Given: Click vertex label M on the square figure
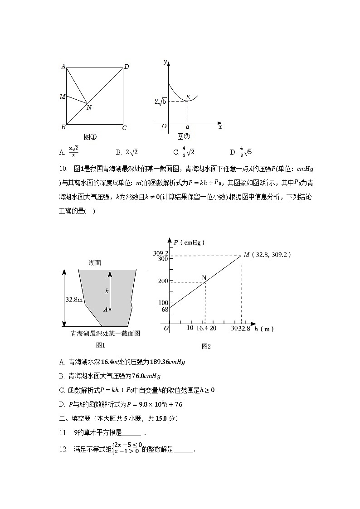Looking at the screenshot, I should (x=63, y=97).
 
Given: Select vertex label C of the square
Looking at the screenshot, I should (x=124, y=128).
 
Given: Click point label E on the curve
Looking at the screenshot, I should (x=188, y=97).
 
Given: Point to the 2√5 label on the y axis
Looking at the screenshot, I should (x=161, y=102).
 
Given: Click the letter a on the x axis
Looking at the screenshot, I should (x=188, y=127).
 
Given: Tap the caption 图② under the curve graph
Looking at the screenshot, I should (x=183, y=136).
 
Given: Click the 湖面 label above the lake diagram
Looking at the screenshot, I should (x=95, y=263).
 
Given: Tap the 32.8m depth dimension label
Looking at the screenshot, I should (x=73, y=299).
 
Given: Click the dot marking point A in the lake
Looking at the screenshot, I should (x=110, y=310).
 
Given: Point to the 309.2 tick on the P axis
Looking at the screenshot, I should (x=161, y=253).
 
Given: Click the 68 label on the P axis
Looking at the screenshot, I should (x=164, y=310).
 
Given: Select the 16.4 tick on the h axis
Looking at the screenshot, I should (x=203, y=328).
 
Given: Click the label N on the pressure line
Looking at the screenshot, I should (x=204, y=277).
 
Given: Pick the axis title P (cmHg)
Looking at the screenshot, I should (x=189, y=242).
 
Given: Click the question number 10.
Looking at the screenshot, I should (x=63, y=169).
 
